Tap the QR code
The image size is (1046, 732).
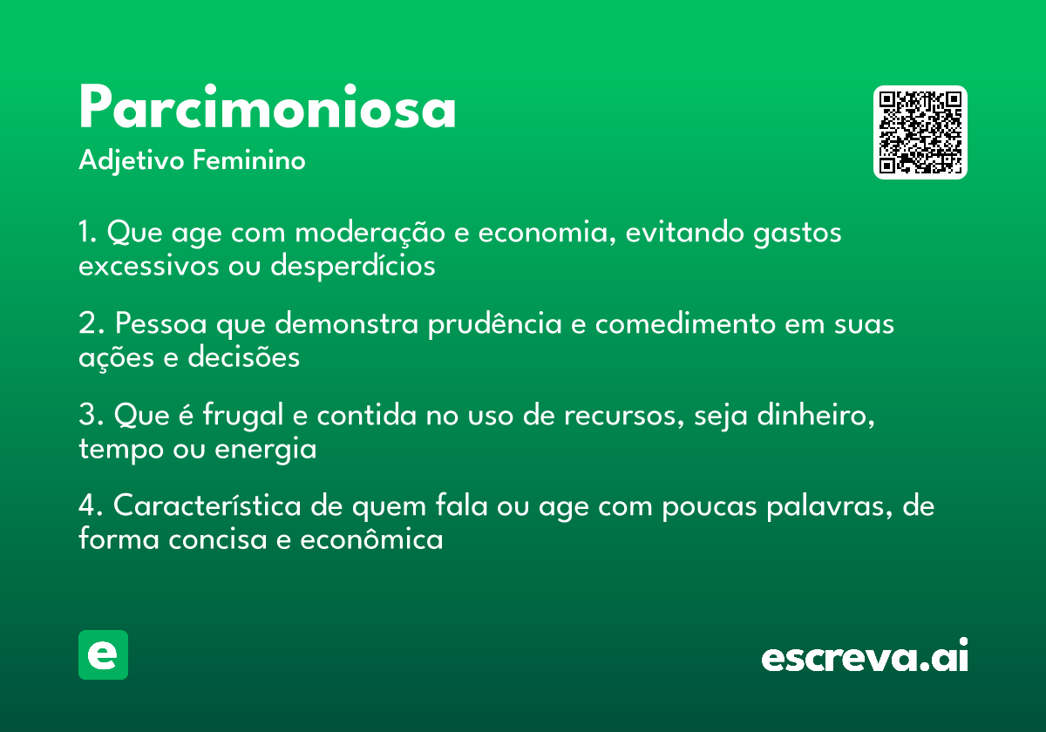[920, 132]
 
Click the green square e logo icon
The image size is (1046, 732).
[103, 654]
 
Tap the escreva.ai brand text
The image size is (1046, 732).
[865, 656]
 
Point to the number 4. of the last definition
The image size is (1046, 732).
[90, 506]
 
